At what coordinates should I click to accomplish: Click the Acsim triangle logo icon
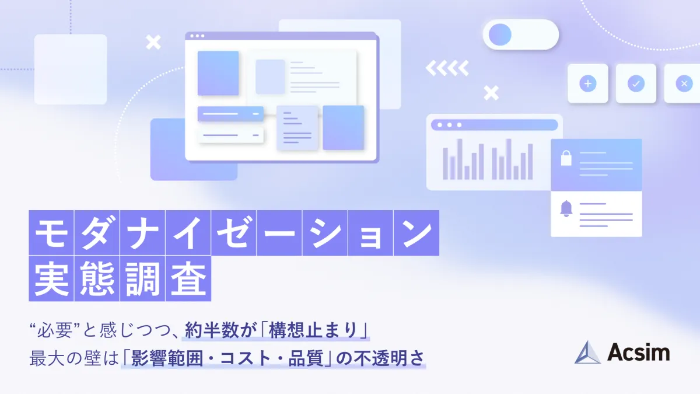pyautogui.click(x=587, y=353)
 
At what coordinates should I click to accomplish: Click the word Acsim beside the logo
pyautogui.click(x=638, y=353)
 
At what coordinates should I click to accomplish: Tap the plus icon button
pyautogui.click(x=588, y=83)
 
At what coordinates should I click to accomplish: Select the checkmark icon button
pyautogui.click(x=636, y=83)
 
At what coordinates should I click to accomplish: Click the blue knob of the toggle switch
pyautogui.click(x=500, y=34)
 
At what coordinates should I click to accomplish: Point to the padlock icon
pyautogui.click(x=566, y=158)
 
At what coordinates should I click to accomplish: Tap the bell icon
pyautogui.click(x=566, y=208)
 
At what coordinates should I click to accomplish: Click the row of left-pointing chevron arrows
pyautogui.click(x=447, y=68)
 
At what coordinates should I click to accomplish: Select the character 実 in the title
pyautogui.click(x=51, y=278)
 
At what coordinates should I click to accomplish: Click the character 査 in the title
pyautogui.click(x=188, y=278)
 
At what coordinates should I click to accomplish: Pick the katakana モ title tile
pyautogui.click(x=51, y=233)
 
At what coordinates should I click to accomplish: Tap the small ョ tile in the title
pyautogui.click(x=370, y=233)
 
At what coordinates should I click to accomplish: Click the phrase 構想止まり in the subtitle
pyautogui.click(x=313, y=330)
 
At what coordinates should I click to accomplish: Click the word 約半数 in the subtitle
pyautogui.click(x=212, y=330)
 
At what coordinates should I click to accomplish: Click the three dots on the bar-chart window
pyautogui.click(x=449, y=125)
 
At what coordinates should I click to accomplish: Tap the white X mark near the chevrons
pyautogui.click(x=491, y=93)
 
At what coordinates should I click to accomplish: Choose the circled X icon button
pyautogui.click(x=684, y=83)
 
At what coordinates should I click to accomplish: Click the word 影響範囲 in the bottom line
pyautogui.click(x=167, y=358)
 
